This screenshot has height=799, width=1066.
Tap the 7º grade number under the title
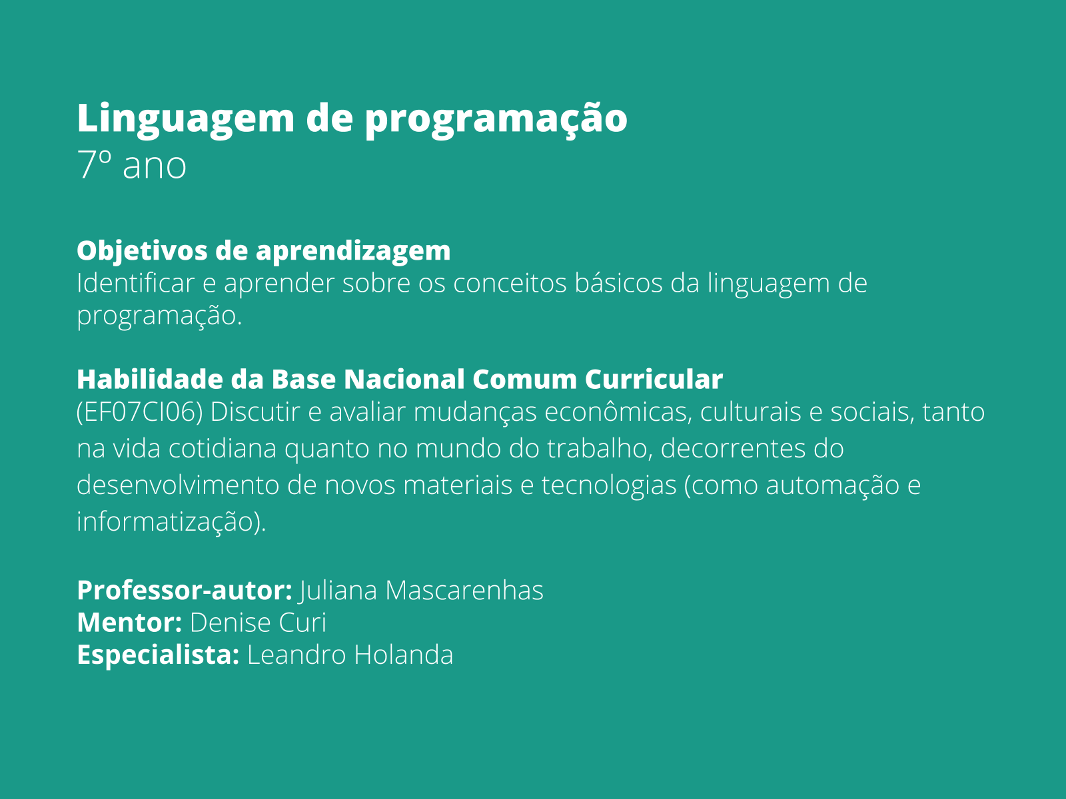point(94,164)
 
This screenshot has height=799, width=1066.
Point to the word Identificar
point(135,283)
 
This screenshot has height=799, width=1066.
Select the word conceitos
point(510,283)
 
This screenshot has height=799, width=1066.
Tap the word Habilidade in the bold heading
point(150,379)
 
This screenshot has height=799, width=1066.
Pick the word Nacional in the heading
point(404,379)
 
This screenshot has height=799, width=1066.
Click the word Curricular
point(654,379)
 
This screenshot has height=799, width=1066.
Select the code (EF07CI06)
point(139,412)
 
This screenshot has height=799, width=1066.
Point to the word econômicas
point(618,412)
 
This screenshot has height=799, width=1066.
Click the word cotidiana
point(223,448)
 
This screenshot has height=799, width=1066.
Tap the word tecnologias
point(609,485)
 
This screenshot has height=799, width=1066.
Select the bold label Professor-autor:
point(185,591)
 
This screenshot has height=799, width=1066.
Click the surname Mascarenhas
point(464,591)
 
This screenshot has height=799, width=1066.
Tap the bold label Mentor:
point(130,623)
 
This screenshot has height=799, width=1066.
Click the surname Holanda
point(404,655)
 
